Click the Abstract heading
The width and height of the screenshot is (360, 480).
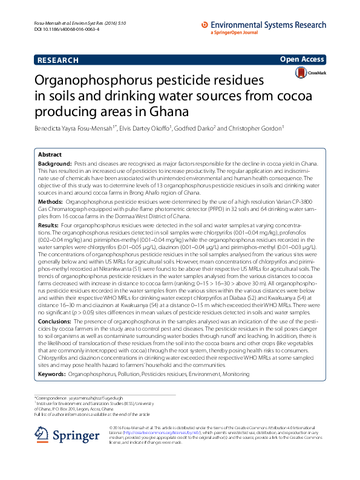point(50,155)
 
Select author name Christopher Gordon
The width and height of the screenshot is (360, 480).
point(257,128)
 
